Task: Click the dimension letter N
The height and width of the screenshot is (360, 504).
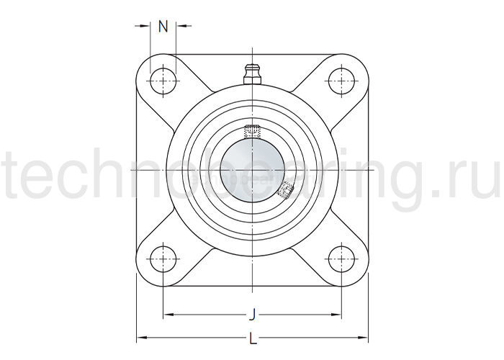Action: [x=163, y=27]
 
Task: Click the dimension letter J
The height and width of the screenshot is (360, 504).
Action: [x=252, y=314]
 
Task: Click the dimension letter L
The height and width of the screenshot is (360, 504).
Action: [x=252, y=337]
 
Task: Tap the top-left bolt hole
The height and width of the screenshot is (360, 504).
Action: [x=164, y=80]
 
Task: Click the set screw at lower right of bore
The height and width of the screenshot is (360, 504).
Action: [x=287, y=190]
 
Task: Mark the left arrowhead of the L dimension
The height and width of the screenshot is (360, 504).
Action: [x=140, y=337]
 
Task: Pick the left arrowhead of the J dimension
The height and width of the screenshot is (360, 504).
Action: [x=167, y=314]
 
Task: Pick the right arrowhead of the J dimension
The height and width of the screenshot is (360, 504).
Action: [x=338, y=314]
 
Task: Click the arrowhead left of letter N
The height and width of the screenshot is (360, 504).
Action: [x=147, y=27]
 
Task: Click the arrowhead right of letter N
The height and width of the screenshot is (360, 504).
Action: [x=180, y=27]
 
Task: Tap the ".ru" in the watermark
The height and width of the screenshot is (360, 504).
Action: [x=468, y=176]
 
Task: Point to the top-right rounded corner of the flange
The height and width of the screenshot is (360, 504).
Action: [x=360, y=63]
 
